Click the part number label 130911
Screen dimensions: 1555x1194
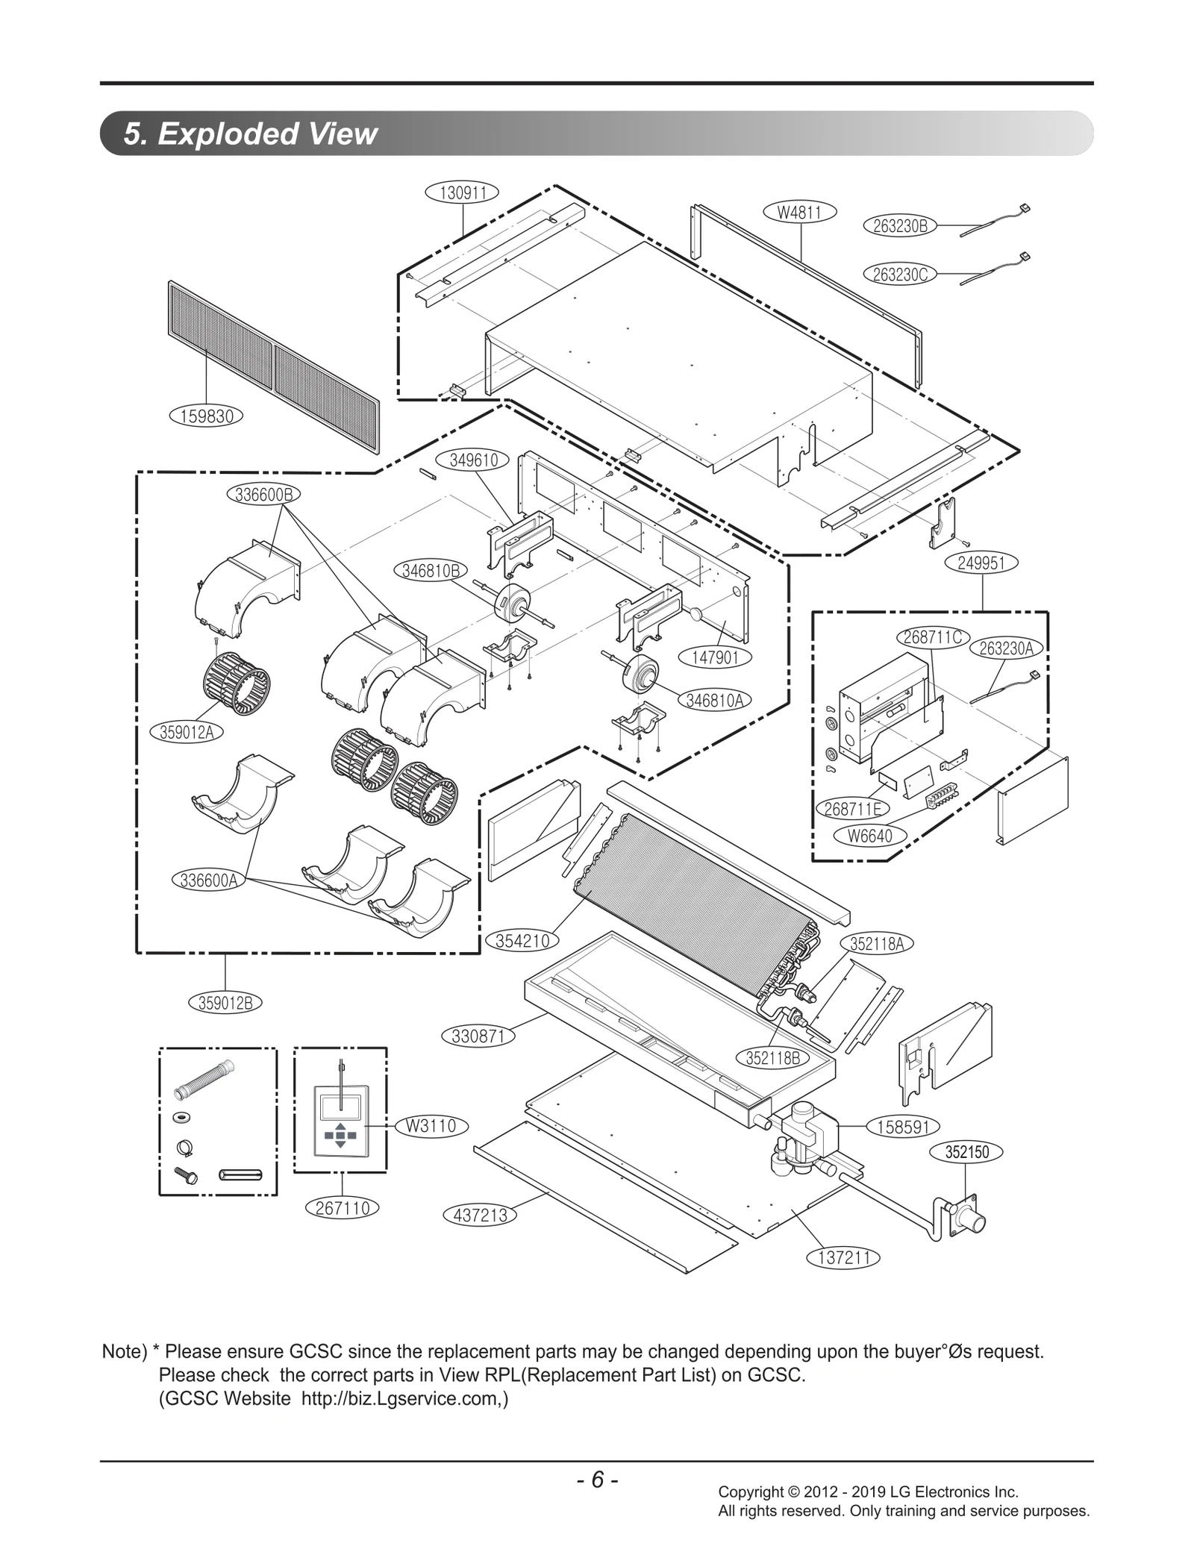pos(462,193)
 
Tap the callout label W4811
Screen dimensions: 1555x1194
pos(799,212)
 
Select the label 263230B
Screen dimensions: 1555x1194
pos(899,226)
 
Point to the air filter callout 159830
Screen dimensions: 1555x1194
pos(207,416)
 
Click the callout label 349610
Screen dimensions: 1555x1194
pos(473,460)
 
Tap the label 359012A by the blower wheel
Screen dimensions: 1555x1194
pos(187,732)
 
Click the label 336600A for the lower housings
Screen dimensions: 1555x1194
pos(209,880)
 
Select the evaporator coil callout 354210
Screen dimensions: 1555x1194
pos(522,941)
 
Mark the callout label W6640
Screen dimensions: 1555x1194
pos(869,836)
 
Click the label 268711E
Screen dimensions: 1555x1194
pos(851,809)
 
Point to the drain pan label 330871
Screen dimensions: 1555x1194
pos(478,1036)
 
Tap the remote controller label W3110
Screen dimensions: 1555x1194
pos(431,1126)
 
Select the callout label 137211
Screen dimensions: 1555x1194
pos(843,1257)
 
